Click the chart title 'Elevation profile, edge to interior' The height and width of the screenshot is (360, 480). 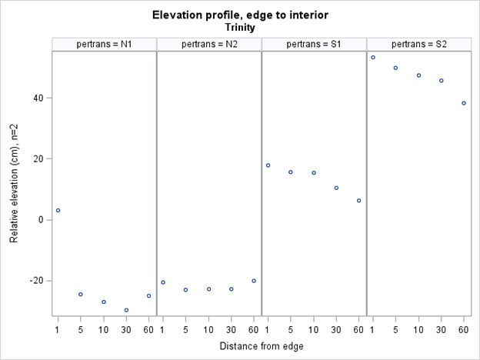(239, 15)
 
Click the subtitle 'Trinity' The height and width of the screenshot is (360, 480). (239, 27)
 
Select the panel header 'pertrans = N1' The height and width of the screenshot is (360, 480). (104, 43)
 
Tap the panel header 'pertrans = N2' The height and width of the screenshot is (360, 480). (208, 43)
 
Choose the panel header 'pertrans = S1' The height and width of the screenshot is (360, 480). (314, 43)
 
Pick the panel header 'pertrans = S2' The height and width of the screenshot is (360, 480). (418, 43)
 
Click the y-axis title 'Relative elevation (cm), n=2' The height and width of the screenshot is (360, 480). (15, 181)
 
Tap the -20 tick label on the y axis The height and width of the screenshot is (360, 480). (35, 281)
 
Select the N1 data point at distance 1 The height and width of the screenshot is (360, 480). (58, 210)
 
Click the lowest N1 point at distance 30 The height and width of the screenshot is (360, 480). (126, 310)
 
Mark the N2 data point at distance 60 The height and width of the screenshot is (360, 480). (254, 281)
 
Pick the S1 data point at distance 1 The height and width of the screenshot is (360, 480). (268, 165)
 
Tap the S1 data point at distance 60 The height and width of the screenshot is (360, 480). (358, 201)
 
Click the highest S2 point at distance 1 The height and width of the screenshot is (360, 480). (373, 57)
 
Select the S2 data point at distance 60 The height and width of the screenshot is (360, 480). (464, 103)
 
